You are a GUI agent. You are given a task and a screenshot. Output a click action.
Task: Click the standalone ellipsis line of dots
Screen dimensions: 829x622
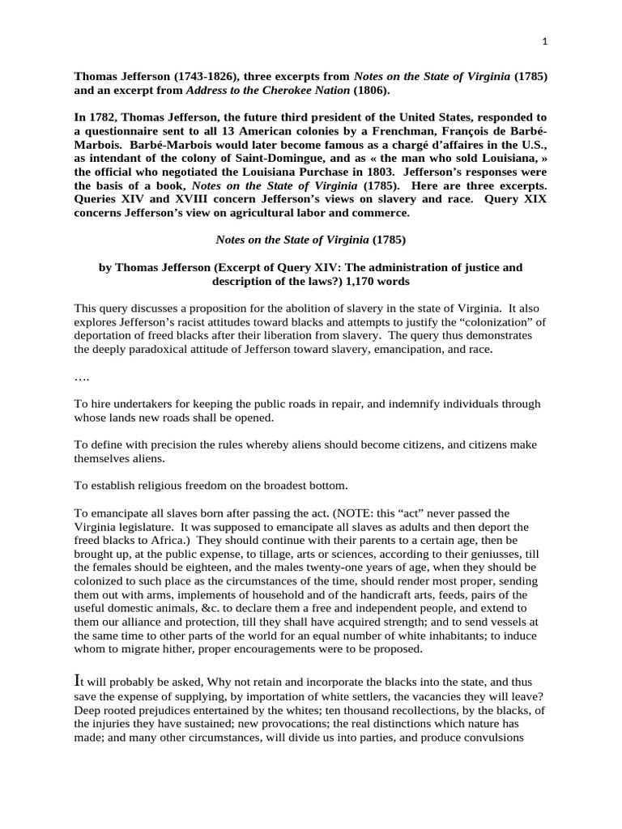[x=82, y=377]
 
